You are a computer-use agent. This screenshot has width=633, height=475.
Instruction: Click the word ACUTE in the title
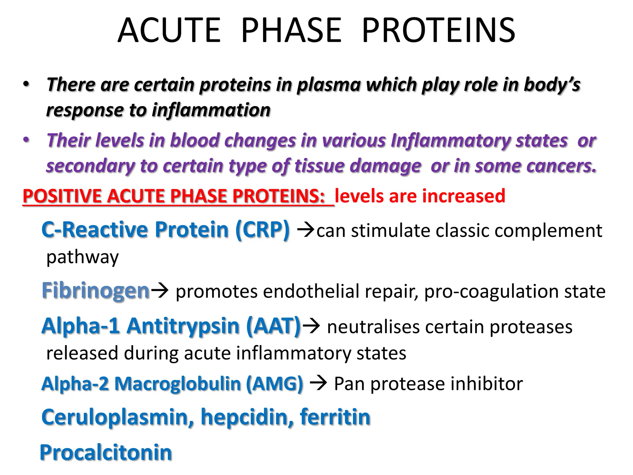click(169, 30)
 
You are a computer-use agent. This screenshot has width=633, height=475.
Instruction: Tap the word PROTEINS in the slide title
click(438, 30)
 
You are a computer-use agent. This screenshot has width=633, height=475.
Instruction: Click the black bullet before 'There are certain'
click(26, 84)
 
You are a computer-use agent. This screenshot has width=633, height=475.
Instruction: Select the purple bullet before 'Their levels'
click(26, 140)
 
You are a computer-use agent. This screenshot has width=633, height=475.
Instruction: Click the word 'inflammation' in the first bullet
click(211, 110)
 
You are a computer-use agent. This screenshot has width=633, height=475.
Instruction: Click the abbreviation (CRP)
click(262, 230)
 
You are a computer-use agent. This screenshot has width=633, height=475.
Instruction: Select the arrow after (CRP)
click(305, 230)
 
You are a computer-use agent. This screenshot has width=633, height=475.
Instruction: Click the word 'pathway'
click(82, 257)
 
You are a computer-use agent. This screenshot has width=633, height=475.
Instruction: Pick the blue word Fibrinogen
click(96, 291)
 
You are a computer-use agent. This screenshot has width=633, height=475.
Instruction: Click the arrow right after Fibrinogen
click(159, 291)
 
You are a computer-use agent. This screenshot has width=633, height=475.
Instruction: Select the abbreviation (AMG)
click(274, 384)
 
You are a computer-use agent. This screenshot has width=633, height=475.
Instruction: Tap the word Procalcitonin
click(106, 453)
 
